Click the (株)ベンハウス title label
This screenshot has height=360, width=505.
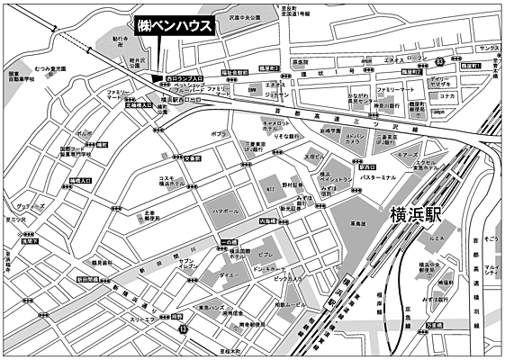175,26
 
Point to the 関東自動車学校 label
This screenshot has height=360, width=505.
20,79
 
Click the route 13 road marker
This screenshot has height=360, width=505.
184,330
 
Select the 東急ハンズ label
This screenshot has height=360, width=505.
212,308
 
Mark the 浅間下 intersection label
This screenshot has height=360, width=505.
30,241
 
